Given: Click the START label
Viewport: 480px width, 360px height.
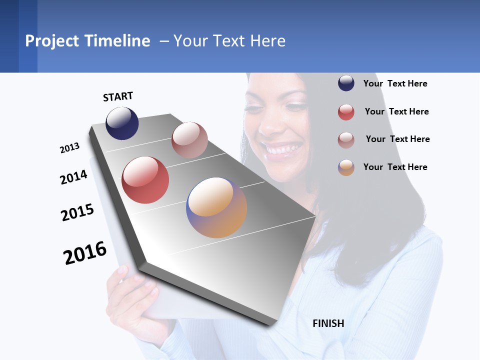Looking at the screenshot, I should (118, 96).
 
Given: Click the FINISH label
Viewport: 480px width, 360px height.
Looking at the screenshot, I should (328, 323).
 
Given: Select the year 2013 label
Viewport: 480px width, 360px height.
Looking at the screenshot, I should (69, 148).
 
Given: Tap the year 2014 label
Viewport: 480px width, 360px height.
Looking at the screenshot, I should (73, 177).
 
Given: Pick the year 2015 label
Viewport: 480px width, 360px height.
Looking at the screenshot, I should (77, 212).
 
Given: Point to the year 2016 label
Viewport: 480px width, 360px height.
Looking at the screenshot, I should (85, 253).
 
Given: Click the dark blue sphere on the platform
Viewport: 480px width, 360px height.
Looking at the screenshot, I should (122, 123).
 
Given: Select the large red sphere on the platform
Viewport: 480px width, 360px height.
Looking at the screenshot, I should (145, 180).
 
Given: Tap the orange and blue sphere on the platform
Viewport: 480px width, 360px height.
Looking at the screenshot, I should (216, 207).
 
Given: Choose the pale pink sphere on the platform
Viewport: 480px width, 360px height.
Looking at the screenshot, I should (189, 140).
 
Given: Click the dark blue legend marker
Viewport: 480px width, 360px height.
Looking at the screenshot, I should (346, 83).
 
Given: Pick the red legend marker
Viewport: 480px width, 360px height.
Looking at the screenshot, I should (346, 112).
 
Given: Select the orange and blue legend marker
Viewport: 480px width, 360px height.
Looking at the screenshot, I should (346, 167).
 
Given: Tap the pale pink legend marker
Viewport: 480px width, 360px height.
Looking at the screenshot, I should (346, 140).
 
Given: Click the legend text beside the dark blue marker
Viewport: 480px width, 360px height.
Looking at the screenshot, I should (395, 83).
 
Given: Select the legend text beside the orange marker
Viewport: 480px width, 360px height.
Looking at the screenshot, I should (395, 167).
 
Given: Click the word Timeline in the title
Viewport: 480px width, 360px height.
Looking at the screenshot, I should (117, 41).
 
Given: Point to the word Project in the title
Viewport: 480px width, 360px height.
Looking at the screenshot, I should (52, 41).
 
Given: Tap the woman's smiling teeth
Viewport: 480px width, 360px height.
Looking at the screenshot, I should (284, 148).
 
